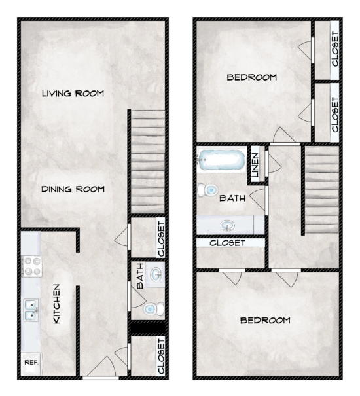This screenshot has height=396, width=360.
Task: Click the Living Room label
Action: [x=73, y=94]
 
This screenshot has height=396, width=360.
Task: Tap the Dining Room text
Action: [x=73, y=189]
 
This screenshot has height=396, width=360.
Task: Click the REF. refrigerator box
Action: [x=30, y=362]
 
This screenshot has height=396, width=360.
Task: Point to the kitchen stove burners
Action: [x=30, y=267]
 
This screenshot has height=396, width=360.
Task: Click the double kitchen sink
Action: [x=30, y=308]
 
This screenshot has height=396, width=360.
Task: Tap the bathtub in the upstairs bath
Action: [x=221, y=160]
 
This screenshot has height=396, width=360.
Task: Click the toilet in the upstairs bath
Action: [x=209, y=190]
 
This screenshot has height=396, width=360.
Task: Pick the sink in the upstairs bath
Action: [x=227, y=225]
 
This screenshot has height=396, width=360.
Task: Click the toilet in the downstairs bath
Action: [x=151, y=308]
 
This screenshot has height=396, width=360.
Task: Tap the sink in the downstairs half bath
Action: [x=156, y=274]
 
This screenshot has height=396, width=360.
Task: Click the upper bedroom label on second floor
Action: [x=251, y=77]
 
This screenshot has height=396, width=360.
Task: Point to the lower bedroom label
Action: [x=264, y=320]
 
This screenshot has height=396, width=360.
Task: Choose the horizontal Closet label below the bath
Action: [x=227, y=243]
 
